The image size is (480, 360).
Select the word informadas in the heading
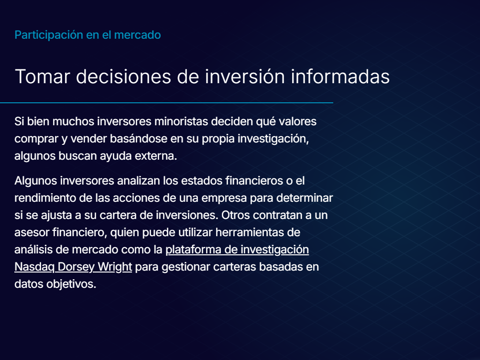point(340,77)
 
